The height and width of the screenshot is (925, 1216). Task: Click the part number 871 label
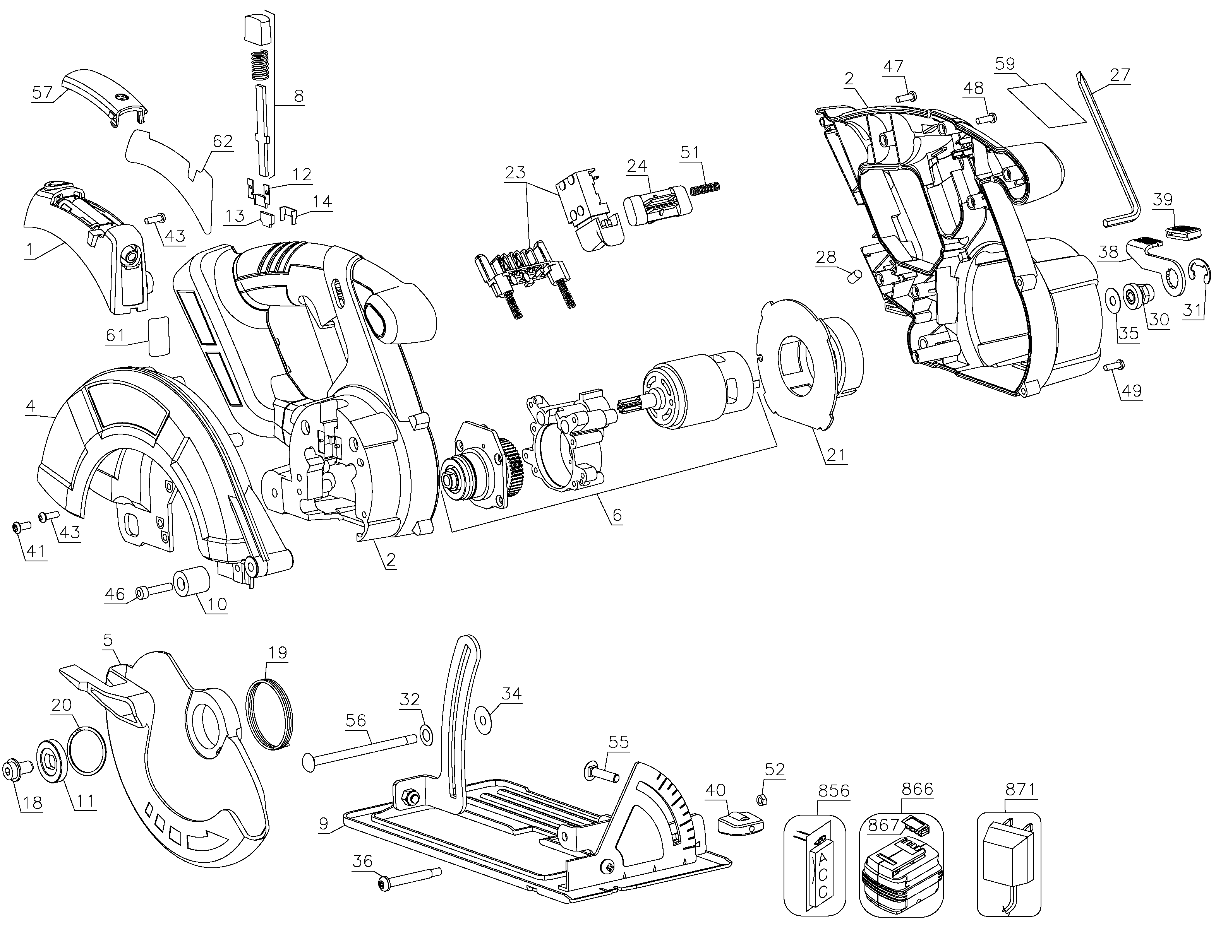click(1020, 790)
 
